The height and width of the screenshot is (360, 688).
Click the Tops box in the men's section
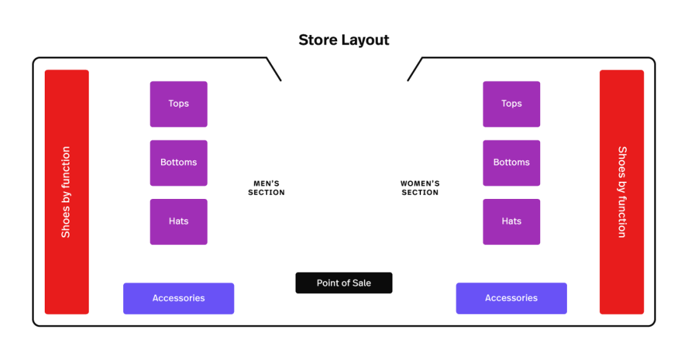(x=178, y=104)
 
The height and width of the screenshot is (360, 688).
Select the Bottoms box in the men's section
(x=178, y=163)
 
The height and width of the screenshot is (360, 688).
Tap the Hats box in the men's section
(x=178, y=222)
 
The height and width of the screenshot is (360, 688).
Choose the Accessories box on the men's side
(x=179, y=299)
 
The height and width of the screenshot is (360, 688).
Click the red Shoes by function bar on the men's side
(x=67, y=192)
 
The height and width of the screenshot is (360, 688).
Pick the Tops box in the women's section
(x=511, y=104)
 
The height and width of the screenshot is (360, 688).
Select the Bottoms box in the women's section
(x=511, y=163)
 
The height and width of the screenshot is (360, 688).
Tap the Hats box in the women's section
(x=511, y=222)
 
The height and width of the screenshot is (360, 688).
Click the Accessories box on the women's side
(x=511, y=299)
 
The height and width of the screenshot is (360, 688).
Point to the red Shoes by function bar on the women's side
(x=622, y=192)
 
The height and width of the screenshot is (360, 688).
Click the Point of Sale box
(x=344, y=283)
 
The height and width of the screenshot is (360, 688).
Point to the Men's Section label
(x=266, y=188)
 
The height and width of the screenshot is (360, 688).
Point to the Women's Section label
(x=420, y=188)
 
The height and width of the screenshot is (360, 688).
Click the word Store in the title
(x=319, y=40)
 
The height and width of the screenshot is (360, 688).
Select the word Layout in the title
(x=365, y=40)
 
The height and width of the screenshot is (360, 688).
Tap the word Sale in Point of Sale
(x=361, y=283)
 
